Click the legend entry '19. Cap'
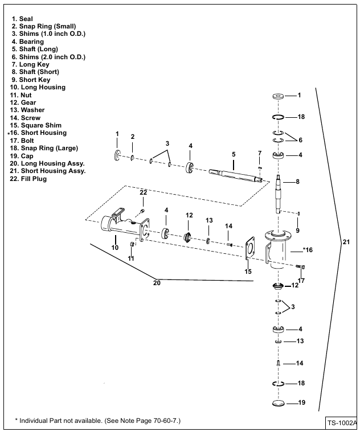22,156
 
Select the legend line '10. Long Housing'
38,87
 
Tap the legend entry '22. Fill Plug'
28,179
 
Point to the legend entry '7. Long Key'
30,64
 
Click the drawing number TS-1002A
342,423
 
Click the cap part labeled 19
278,403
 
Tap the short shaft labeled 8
279,195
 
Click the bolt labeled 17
300,266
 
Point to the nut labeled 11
132,244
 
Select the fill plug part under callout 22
142,211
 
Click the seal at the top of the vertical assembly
279,96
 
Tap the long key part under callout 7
260,167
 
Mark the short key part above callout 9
299,213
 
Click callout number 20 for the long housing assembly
157,283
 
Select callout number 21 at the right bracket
346,242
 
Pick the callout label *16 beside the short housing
308,250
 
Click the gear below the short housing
278,286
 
